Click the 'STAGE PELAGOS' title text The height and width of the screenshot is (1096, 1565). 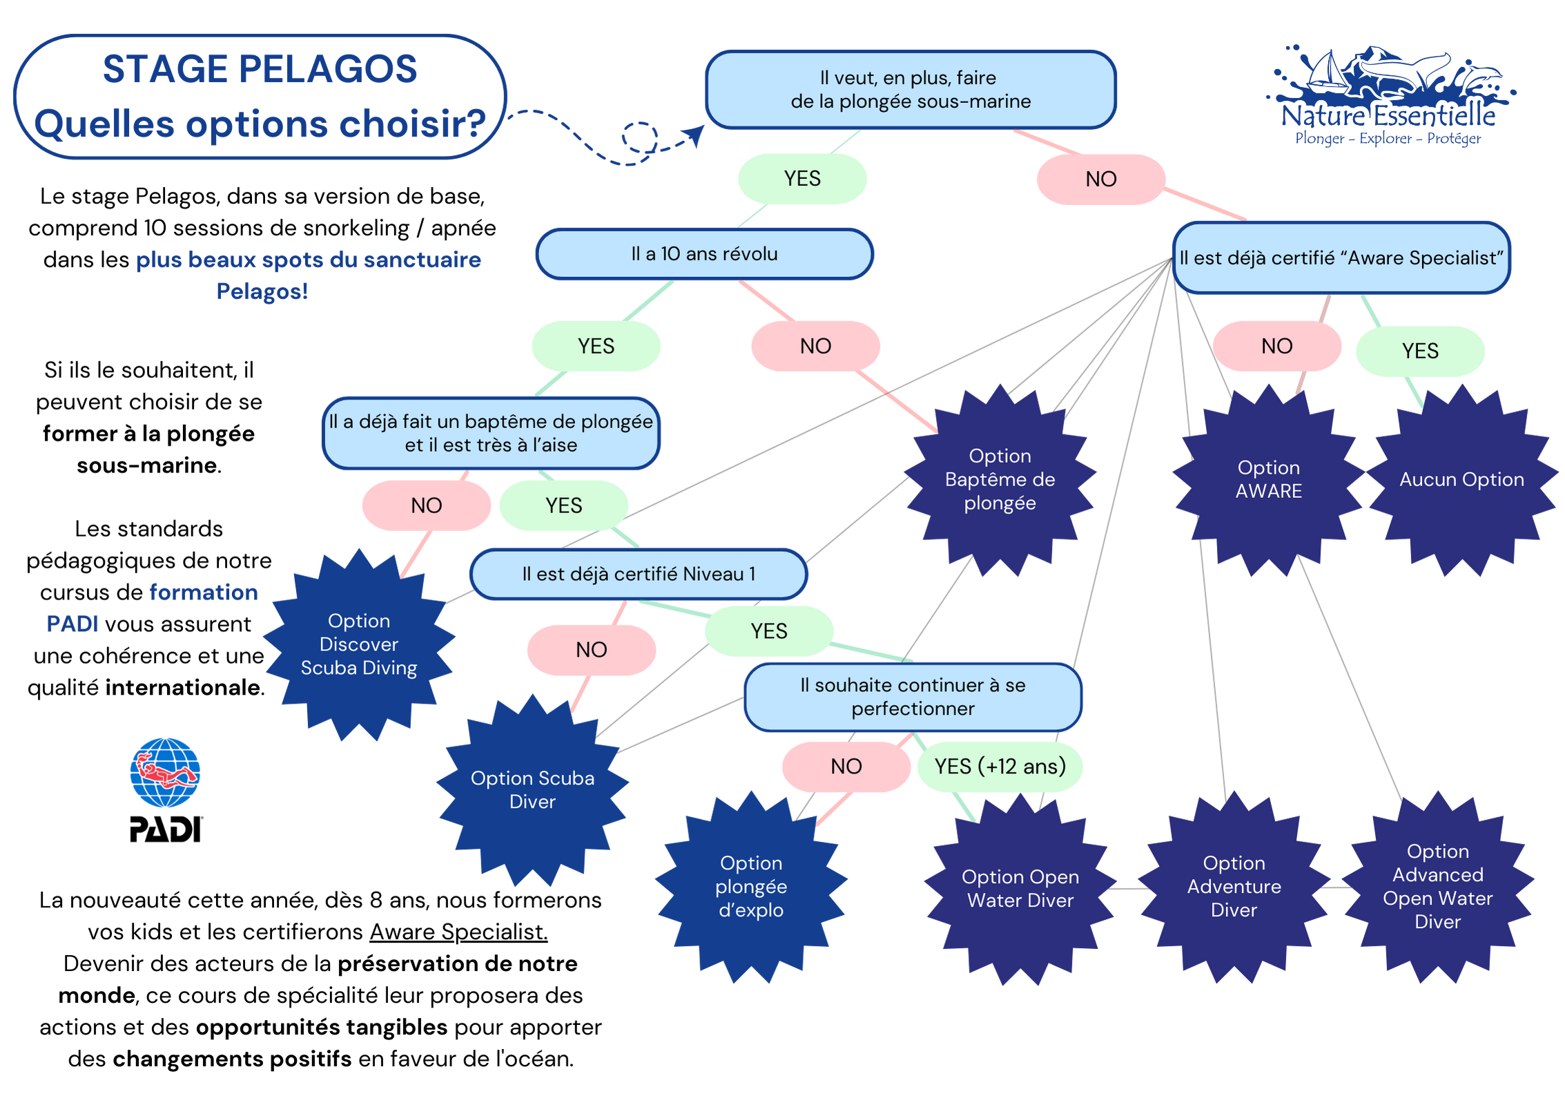[260, 69]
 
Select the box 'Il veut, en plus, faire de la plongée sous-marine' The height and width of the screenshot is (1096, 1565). [910, 90]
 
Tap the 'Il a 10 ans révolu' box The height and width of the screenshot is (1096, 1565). [704, 254]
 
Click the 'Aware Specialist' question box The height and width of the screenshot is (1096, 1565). [1341, 258]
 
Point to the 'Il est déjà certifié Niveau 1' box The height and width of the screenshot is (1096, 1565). [639, 574]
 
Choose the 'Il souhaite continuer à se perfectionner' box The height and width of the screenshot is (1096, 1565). [913, 697]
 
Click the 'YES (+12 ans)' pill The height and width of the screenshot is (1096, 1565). [1000, 767]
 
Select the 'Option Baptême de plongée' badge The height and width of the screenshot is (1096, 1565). [1000, 480]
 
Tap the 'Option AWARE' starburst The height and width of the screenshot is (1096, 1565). [1268, 480]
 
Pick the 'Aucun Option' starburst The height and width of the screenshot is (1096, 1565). [1461, 480]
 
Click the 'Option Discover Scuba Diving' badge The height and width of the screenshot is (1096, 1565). [359, 644]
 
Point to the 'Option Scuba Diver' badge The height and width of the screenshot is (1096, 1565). [532, 790]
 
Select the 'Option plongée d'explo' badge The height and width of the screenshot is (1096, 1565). [751, 887]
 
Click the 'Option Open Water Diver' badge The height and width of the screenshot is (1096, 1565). [1020, 889]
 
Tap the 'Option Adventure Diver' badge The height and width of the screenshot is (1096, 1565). [1234, 887]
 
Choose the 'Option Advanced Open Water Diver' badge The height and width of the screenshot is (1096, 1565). [1437, 887]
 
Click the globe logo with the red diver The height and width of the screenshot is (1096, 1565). [165, 772]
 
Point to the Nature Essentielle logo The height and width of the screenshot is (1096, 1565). [1388, 97]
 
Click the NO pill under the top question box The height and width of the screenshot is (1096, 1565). [1100, 180]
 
